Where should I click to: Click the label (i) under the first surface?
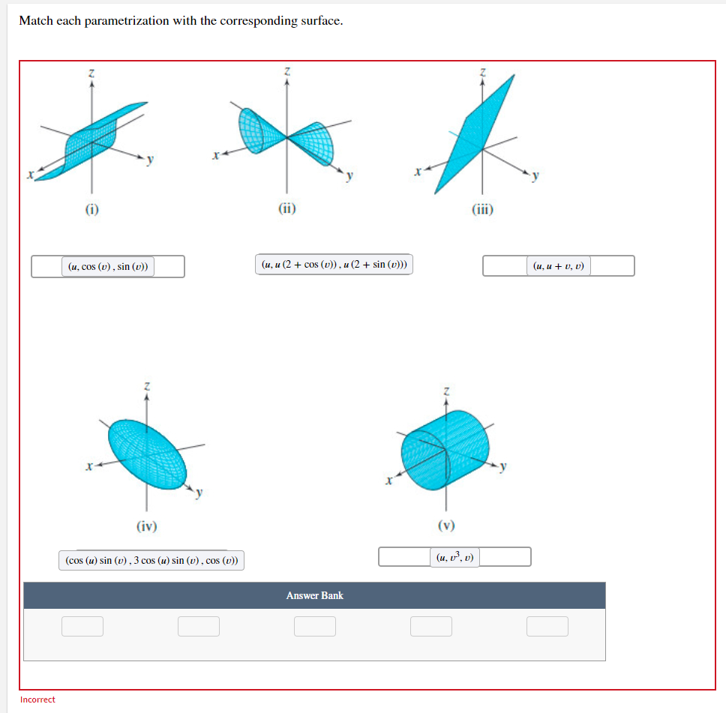tap(91, 210)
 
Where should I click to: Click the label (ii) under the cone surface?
tap(287, 210)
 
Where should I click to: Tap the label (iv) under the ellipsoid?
tap(147, 526)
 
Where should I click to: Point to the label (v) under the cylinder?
tap(446, 525)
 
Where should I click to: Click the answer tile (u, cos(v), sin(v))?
tap(108, 266)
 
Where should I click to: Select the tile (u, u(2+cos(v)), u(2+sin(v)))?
tap(334, 264)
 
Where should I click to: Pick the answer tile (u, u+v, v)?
tap(559, 265)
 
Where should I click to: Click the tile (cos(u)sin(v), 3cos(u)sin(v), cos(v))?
tap(151, 560)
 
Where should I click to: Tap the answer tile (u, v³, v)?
tap(455, 557)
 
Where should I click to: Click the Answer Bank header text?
tap(314, 595)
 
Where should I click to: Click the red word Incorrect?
tap(37, 700)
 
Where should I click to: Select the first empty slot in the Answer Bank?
tap(82, 626)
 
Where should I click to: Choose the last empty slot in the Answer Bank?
tap(547, 626)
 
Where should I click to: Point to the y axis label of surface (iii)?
tap(535, 176)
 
